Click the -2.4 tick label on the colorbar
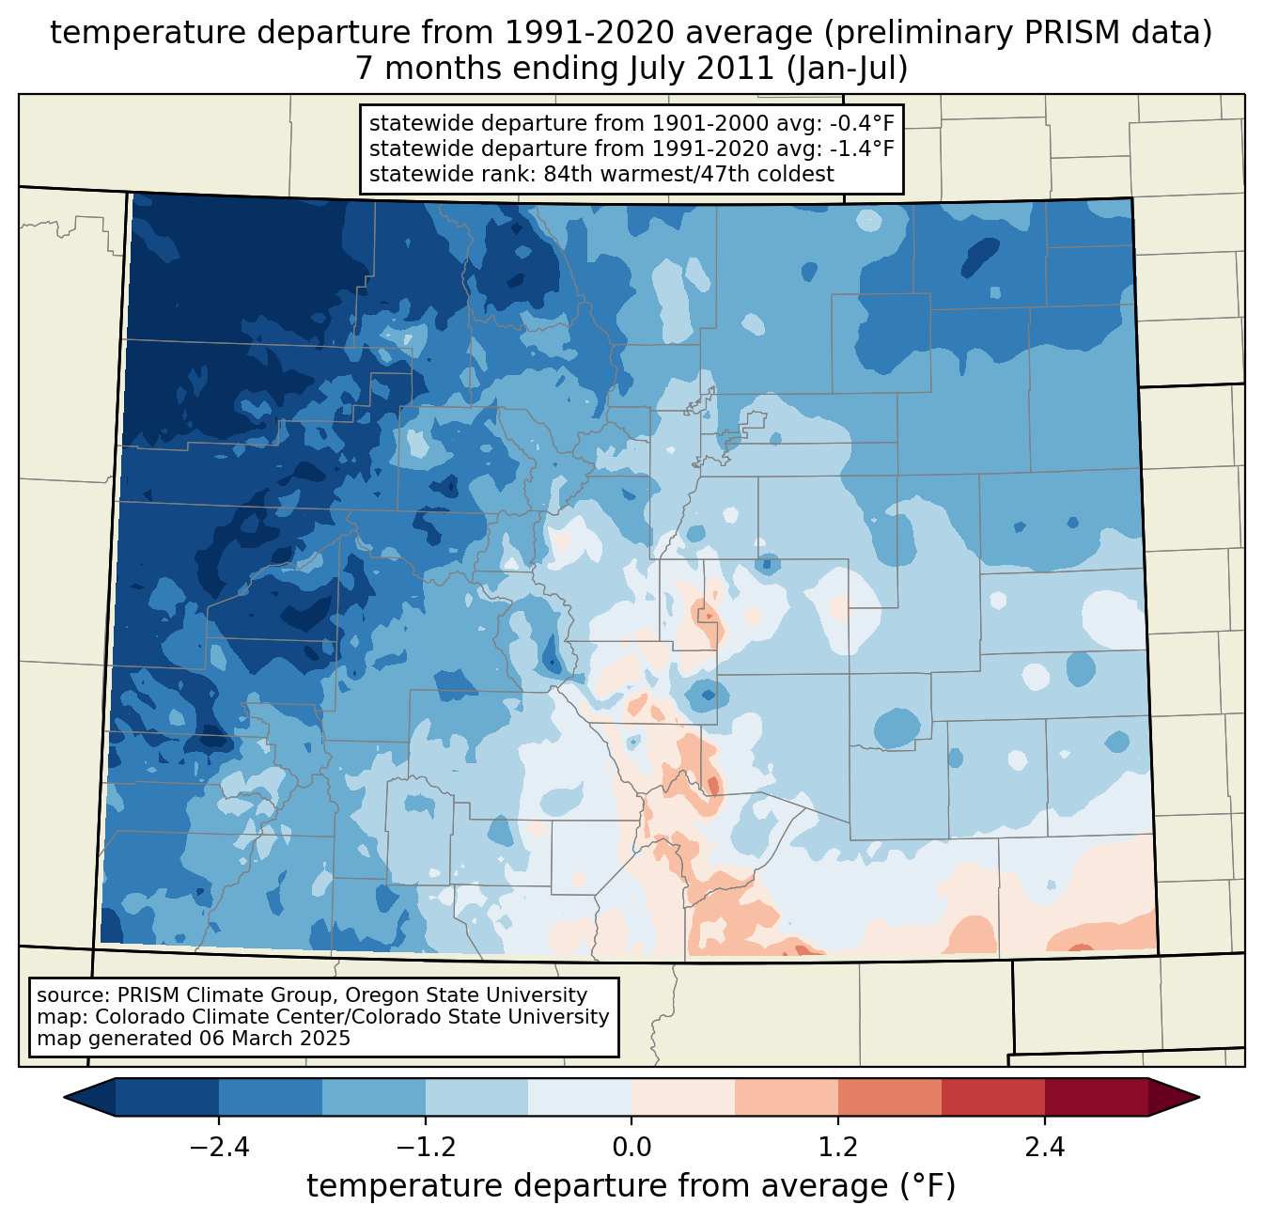218,1148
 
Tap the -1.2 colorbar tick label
425,1148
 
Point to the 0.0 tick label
631,1148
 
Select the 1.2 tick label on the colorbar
838,1148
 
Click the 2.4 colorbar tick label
1045,1148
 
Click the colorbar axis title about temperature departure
631,1186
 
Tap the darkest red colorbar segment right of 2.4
1096,1097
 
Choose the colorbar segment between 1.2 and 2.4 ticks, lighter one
889,1097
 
